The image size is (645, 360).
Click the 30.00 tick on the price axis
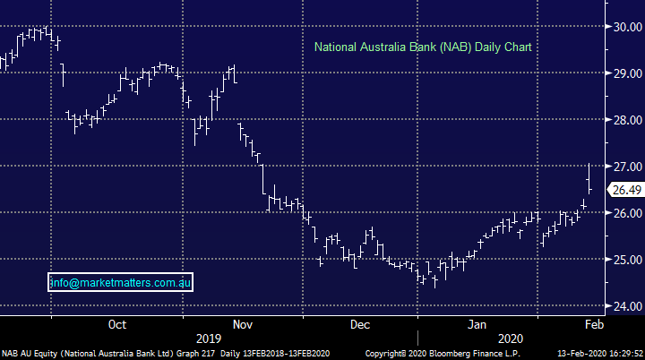(x=625, y=27)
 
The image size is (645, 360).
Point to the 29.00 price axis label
(x=625, y=73)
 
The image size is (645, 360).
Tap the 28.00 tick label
(x=625, y=120)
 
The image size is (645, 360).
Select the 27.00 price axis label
(x=625, y=167)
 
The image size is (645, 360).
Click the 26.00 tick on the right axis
(x=625, y=213)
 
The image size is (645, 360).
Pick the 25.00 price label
(x=625, y=260)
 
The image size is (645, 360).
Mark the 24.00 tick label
(x=625, y=306)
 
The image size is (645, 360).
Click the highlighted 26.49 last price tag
(x=625, y=190)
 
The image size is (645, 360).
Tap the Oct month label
(x=116, y=324)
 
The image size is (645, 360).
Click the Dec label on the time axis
(x=360, y=324)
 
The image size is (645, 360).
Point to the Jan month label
(x=477, y=324)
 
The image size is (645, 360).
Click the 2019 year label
(x=208, y=339)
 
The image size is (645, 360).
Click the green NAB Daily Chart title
(x=423, y=46)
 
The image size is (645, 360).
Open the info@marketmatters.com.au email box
(x=120, y=283)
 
